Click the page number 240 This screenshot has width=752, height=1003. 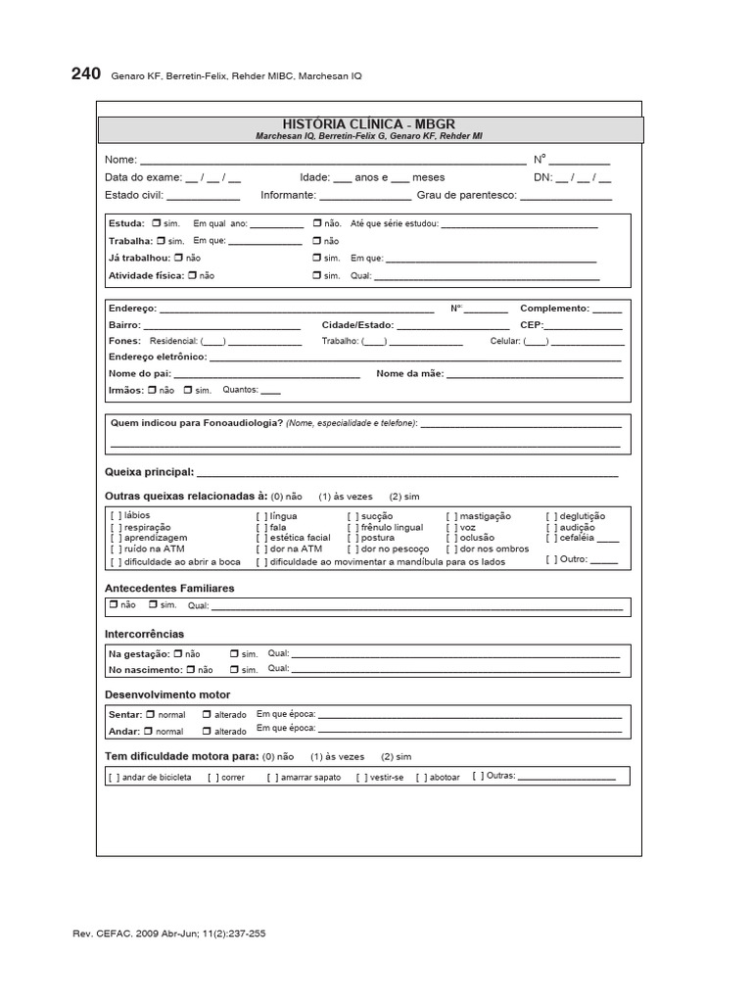(x=85, y=74)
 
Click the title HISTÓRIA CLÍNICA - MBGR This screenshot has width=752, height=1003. (x=369, y=124)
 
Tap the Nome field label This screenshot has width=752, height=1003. (x=120, y=160)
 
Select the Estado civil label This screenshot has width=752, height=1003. (x=134, y=195)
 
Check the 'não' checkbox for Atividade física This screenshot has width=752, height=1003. (x=192, y=275)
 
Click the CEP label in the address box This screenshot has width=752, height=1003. (x=532, y=325)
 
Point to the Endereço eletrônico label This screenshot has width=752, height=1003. (x=157, y=357)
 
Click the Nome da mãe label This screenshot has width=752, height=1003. (x=409, y=374)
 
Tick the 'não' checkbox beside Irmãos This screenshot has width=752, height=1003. (x=151, y=390)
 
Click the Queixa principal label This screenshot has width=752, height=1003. (x=149, y=472)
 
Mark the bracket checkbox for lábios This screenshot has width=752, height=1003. (x=117, y=516)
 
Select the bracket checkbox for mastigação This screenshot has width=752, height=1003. (x=451, y=516)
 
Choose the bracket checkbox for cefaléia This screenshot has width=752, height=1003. (x=551, y=538)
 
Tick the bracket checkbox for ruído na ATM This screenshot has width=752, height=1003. (x=117, y=549)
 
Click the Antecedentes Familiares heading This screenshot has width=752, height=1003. (x=168, y=589)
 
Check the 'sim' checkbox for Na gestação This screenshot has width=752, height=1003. (x=234, y=653)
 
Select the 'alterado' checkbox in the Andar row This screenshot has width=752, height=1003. (x=207, y=731)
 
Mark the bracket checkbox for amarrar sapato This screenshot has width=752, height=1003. (x=272, y=778)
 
